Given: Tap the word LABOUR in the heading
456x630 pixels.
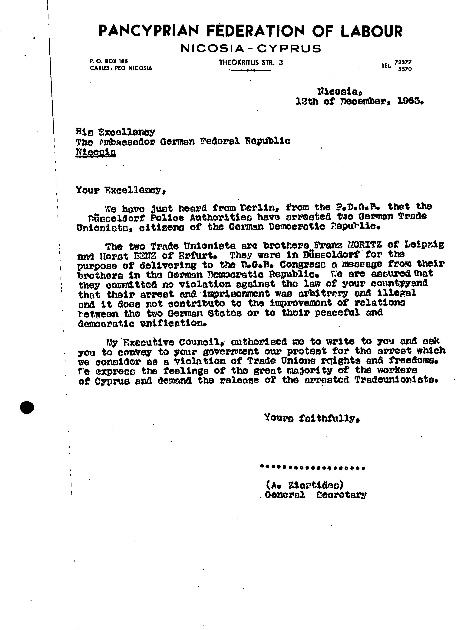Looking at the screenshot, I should (x=371, y=31).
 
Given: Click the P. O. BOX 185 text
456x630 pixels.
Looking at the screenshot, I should (x=108, y=61).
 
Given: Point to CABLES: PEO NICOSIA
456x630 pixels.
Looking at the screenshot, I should (x=121, y=68).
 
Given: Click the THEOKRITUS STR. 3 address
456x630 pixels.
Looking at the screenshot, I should (x=251, y=62).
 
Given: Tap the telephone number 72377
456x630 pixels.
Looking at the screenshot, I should (x=403, y=62).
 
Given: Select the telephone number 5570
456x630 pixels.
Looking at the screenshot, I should (x=405, y=69).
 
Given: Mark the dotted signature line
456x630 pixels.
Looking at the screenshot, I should (x=312, y=468).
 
